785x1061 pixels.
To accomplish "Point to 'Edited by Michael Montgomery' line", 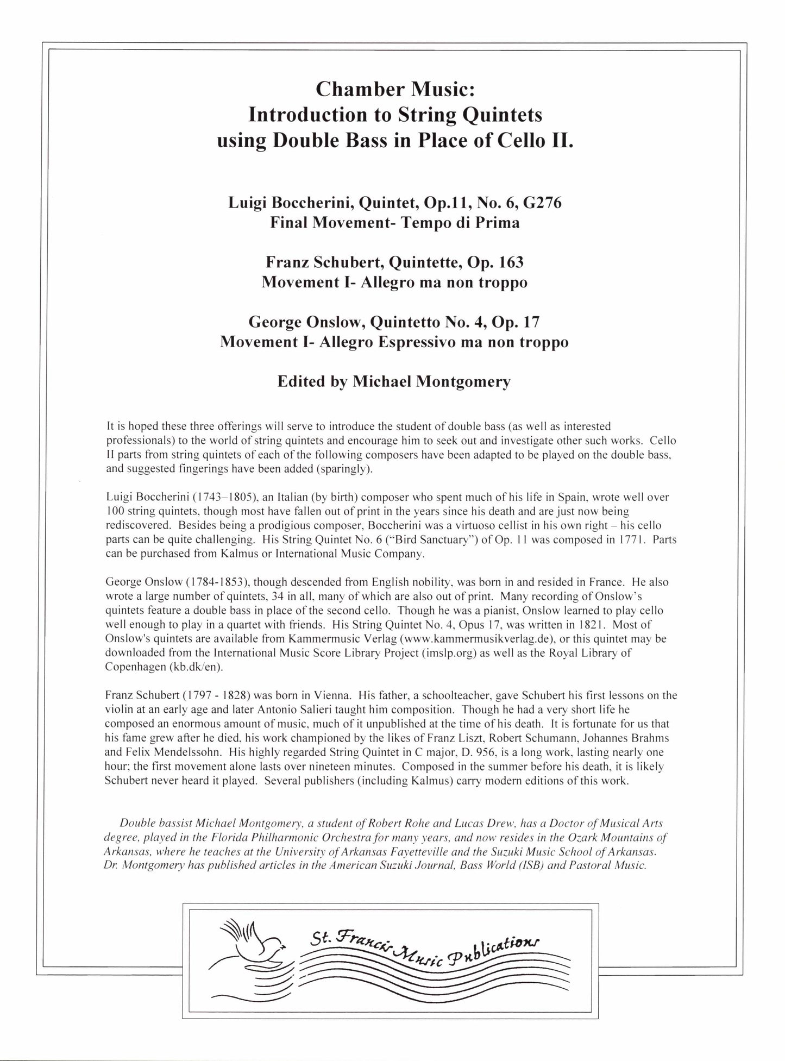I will point(394,382).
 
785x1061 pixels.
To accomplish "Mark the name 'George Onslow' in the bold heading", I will point(306,323).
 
